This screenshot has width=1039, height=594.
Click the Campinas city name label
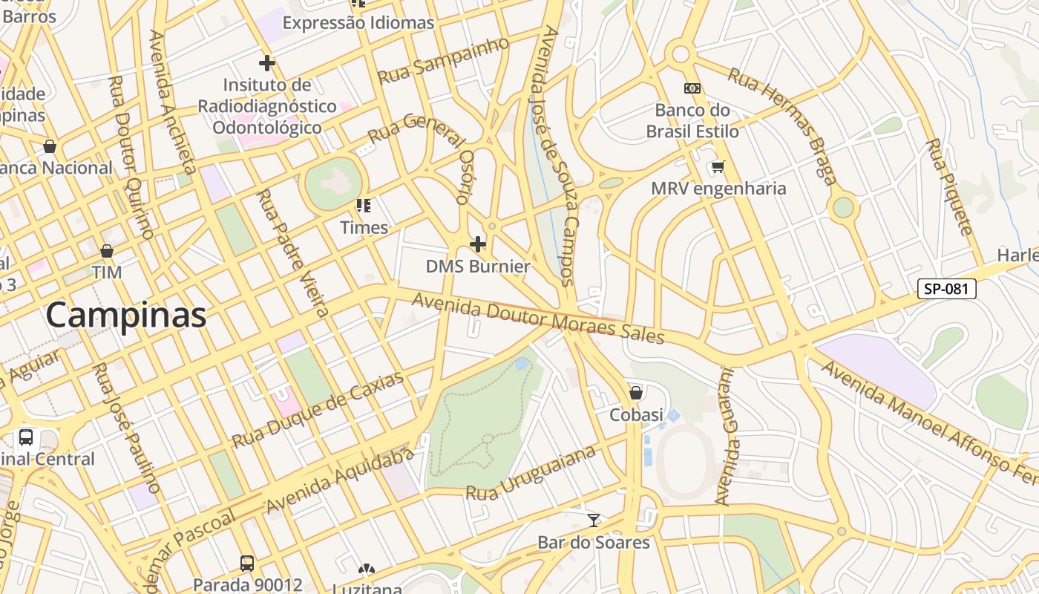pyautogui.click(x=126, y=315)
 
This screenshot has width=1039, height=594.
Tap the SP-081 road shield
pyautogui.click(x=946, y=289)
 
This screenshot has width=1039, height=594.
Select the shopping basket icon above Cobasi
pyautogui.click(x=636, y=393)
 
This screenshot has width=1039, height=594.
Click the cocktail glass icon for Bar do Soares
pyautogui.click(x=594, y=520)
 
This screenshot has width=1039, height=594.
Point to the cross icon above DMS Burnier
pyautogui.click(x=478, y=244)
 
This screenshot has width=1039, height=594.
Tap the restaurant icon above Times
pyautogui.click(x=364, y=206)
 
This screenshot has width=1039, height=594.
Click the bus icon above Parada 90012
pyautogui.click(x=247, y=563)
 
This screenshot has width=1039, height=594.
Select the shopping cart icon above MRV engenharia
pyautogui.click(x=718, y=167)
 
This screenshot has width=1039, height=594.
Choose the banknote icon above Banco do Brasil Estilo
pyautogui.click(x=692, y=88)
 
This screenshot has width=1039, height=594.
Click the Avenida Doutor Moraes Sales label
pyautogui.click(x=538, y=318)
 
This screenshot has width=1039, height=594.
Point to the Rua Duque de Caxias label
pyautogui.click(x=318, y=410)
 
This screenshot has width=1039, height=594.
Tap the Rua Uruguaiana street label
pyautogui.click(x=531, y=473)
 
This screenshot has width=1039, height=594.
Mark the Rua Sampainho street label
pyautogui.click(x=444, y=60)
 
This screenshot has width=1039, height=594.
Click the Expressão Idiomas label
pyautogui.click(x=358, y=23)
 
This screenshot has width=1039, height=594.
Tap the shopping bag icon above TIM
pyautogui.click(x=107, y=251)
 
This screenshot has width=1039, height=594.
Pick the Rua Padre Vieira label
pyautogui.click(x=292, y=252)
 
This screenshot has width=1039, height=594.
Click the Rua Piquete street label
pyautogui.click(x=948, y=186)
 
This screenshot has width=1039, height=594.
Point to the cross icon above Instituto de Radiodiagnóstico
pyautogui.click(x=267, y=63)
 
